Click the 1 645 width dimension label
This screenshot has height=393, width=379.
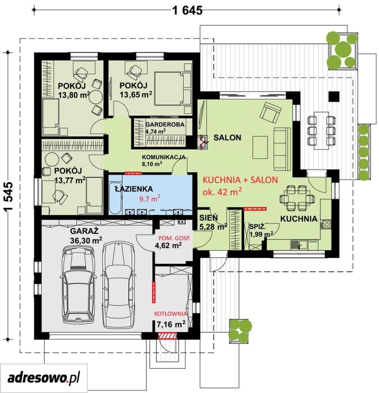(187, 10)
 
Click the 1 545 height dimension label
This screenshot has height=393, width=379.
(8, 197)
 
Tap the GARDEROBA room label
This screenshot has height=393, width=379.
(165, 124)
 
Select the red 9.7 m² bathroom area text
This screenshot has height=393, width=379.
(150, 199)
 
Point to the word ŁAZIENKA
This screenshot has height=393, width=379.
(134, 189)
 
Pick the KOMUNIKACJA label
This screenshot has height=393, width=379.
(164, 157)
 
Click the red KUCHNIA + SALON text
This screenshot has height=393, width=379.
(240, 180)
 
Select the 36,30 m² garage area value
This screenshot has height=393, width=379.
(86, 240)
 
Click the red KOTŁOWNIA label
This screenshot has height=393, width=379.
(170, 314)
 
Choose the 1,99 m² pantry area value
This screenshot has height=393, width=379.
(261, 234)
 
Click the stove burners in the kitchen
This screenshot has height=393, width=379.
(326, 224)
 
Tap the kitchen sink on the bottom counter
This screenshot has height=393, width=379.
(297, 244)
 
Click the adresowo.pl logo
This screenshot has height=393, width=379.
(44, 377)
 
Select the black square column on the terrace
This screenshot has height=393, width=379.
(334, 97)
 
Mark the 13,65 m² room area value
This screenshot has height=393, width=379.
(136, 95)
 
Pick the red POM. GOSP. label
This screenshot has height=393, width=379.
(175, 238)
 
